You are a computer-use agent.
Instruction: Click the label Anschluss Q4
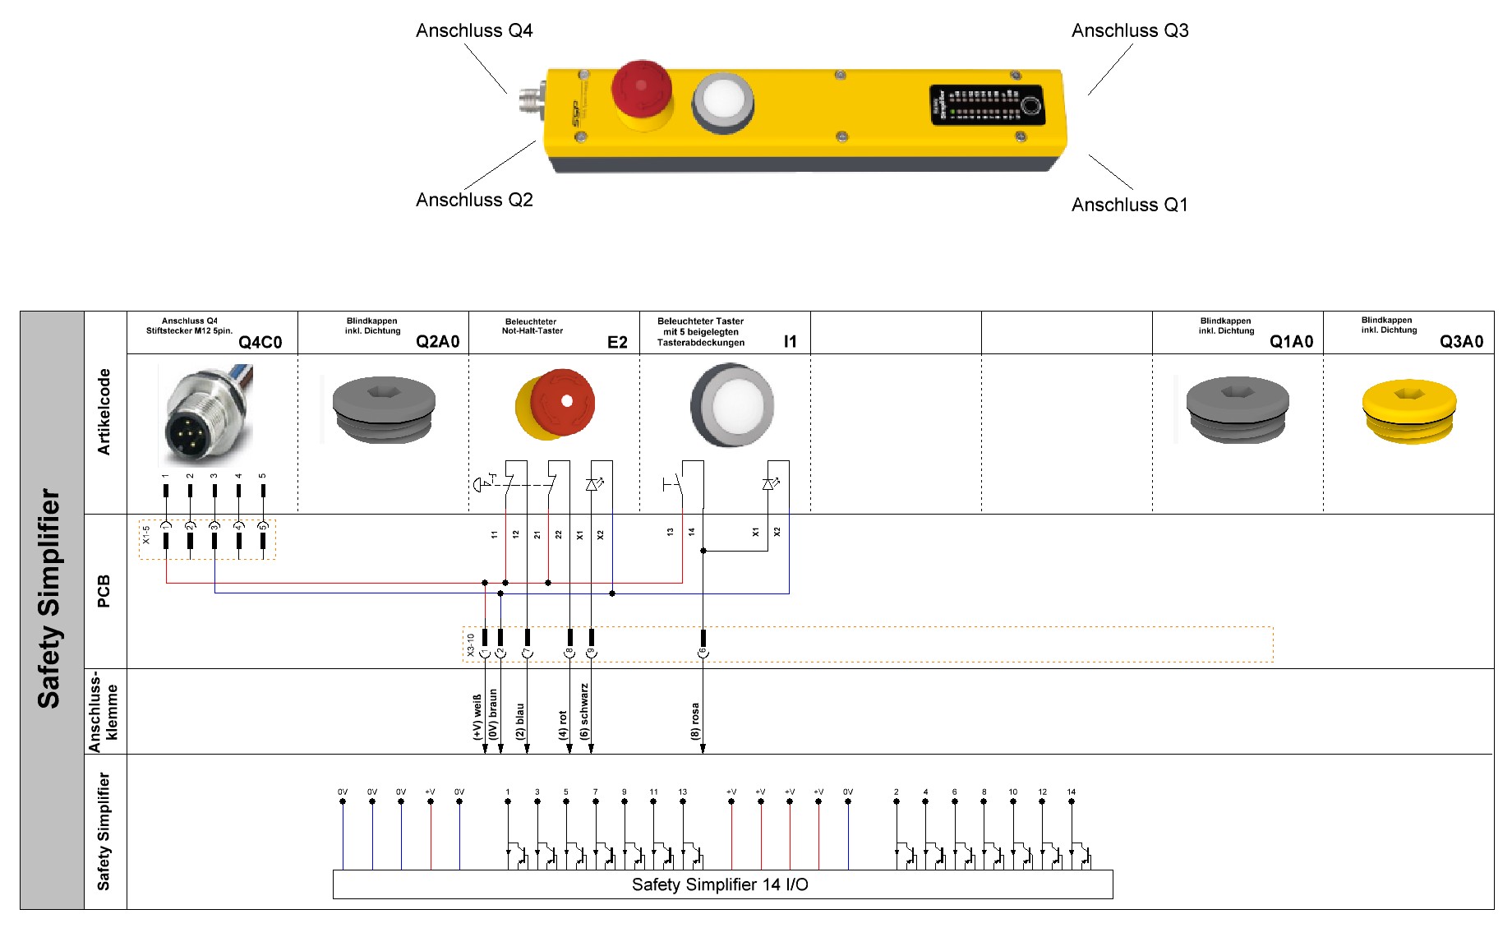(474, 31)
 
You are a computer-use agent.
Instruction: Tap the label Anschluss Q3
(1130, 31)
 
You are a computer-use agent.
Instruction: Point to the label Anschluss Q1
(1129, 205)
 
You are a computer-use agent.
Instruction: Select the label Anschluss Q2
(474, 200)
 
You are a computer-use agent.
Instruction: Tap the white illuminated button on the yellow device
(722, 102)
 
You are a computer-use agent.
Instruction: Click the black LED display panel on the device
(987, 104)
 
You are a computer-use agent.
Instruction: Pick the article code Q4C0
(260, 342)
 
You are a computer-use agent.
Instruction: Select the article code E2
(617, 342)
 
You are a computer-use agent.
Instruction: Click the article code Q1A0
(1291, 342)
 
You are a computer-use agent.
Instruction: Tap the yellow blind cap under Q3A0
(1409, 410)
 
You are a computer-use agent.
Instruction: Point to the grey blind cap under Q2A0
(384, 409)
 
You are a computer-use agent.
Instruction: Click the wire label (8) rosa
(695, 721)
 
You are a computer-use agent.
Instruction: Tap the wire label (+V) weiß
(477, 717)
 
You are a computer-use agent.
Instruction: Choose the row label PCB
(104, 591)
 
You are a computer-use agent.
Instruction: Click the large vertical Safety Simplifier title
(49, 598)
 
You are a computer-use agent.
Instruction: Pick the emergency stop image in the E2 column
(555, 404)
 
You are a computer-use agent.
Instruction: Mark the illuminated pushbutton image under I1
(731, 405)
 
